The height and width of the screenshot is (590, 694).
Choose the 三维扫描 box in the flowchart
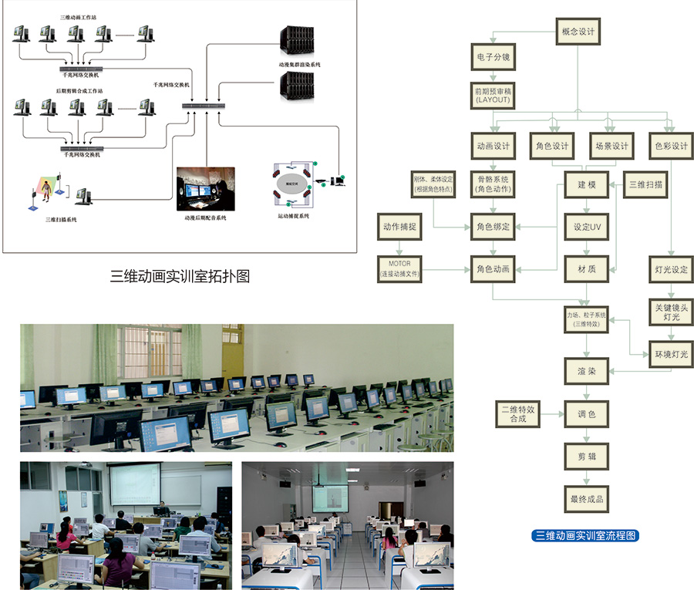[x=646, y=185]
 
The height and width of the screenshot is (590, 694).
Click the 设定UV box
[x=587, y=228]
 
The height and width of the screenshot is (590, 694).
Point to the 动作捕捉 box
[x=399, y=228]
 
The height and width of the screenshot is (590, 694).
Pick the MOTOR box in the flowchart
[x=399, y=269]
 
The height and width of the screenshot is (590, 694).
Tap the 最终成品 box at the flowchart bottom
[x=587, y=499]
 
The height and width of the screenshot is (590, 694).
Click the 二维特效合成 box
[x=517, y=414]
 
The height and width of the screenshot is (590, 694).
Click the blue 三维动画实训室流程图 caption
[x=587, y=535]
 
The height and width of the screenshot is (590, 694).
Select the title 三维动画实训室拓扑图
[x=180, y=276]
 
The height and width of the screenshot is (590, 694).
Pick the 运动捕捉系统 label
[x=293, y=217]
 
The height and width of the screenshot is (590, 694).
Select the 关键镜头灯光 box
[x=669, y=312]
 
